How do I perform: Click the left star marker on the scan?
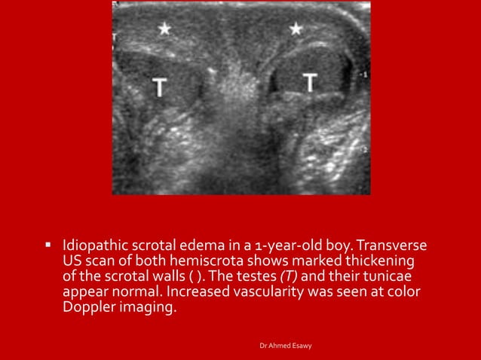tap(163, 29)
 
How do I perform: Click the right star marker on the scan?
tap(296, 29)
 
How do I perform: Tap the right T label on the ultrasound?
tap(311, 82)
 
